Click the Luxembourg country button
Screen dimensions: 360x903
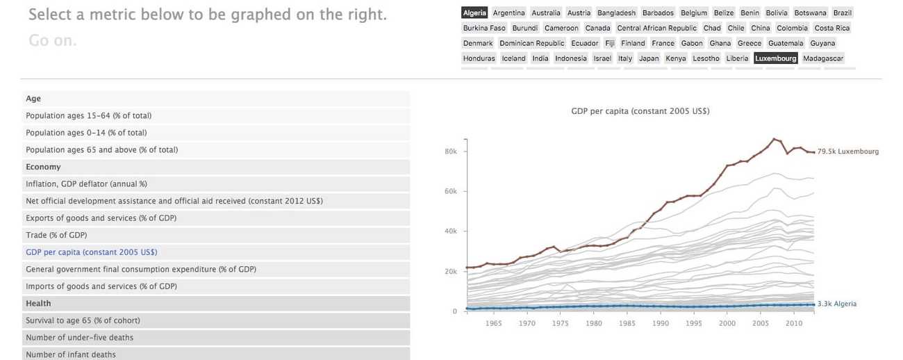pos(775,58)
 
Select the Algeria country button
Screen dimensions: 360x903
pos(474,13)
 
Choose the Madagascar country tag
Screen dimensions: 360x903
pos(822,58)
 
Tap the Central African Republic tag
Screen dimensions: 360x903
pos(656,28)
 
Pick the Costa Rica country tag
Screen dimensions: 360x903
pos(831,28)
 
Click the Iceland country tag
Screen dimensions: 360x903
pos(513,58)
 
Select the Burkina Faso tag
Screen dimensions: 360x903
pos(484,28)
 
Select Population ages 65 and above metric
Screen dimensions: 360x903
pos(101,150)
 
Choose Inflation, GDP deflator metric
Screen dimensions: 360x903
pos(86,184)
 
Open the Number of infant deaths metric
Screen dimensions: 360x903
pos(71,354)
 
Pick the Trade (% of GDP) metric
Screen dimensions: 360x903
pos(56,236)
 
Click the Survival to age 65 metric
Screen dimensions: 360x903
pos(83,320)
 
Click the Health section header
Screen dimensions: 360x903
pos(38,304)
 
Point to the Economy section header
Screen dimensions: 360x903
pos(43,167)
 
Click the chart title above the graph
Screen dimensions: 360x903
pos(640,111)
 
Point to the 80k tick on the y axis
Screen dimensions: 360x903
pos(450,152)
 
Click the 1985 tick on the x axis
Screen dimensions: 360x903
pos(627,323)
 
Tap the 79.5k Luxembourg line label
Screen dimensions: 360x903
pos(847,152)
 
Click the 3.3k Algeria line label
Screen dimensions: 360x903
pos(836,304)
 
